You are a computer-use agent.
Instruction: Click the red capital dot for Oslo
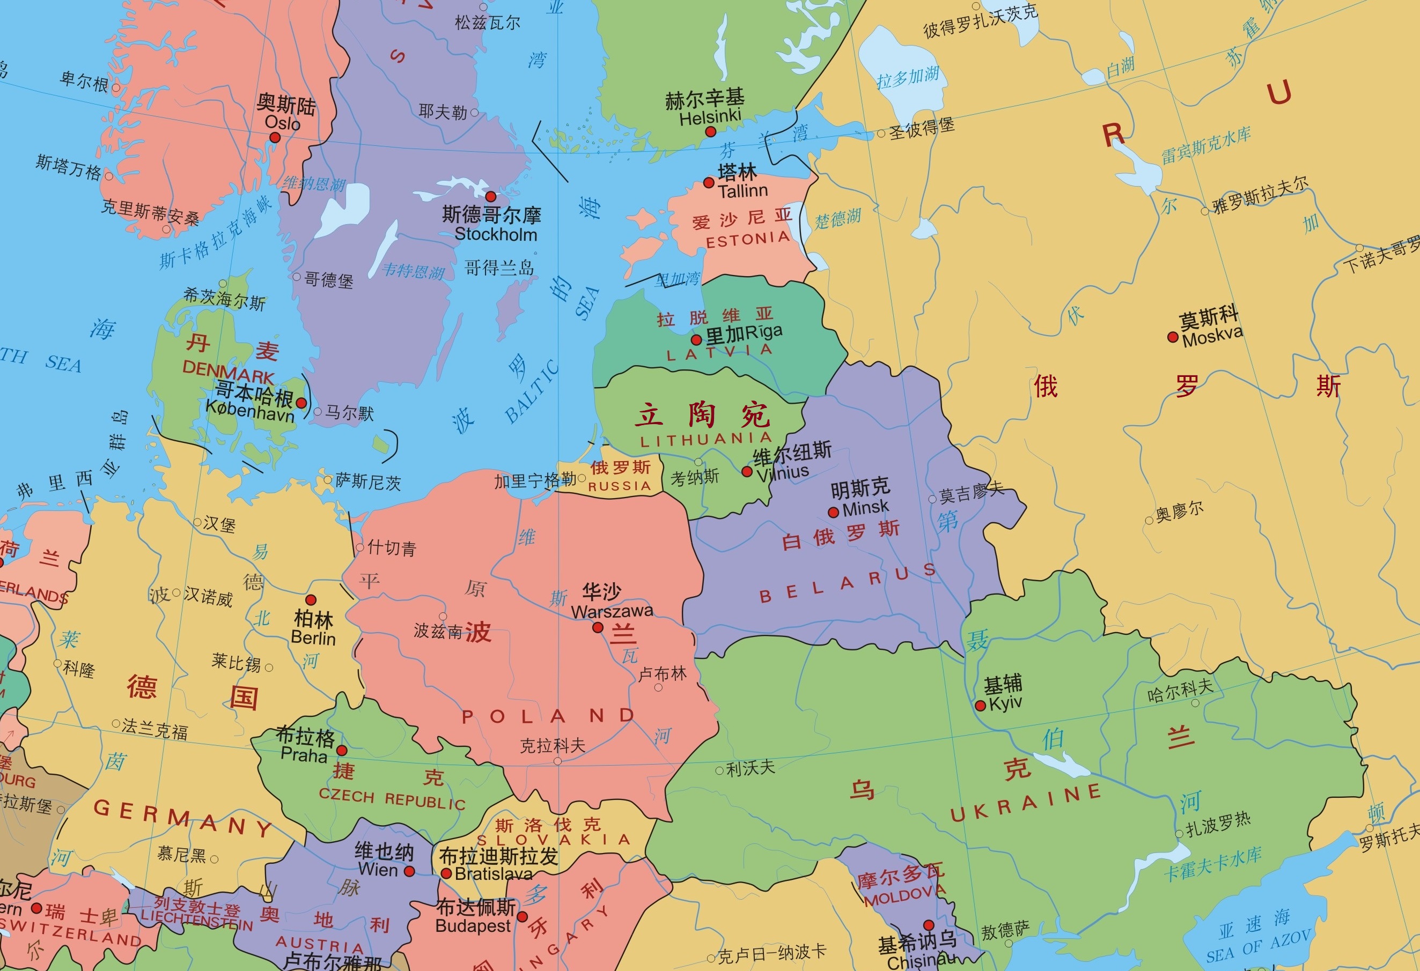[275, 138]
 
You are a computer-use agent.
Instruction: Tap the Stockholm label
[496, 234]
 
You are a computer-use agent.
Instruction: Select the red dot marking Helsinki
[710, 132]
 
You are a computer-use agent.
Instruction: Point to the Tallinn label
[742, 191]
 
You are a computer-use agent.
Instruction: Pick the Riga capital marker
[696, 339]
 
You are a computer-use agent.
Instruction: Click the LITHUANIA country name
[706, 440]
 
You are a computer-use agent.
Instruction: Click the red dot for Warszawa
[598, 627]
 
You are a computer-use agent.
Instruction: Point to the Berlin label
[313, 638]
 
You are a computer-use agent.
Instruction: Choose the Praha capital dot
[342, 751]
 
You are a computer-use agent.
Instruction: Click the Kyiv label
[1005, 703]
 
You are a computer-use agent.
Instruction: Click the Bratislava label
[493, 874]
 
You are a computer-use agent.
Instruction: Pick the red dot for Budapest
[523, 917]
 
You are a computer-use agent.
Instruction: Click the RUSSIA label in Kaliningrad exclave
[620, 486]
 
